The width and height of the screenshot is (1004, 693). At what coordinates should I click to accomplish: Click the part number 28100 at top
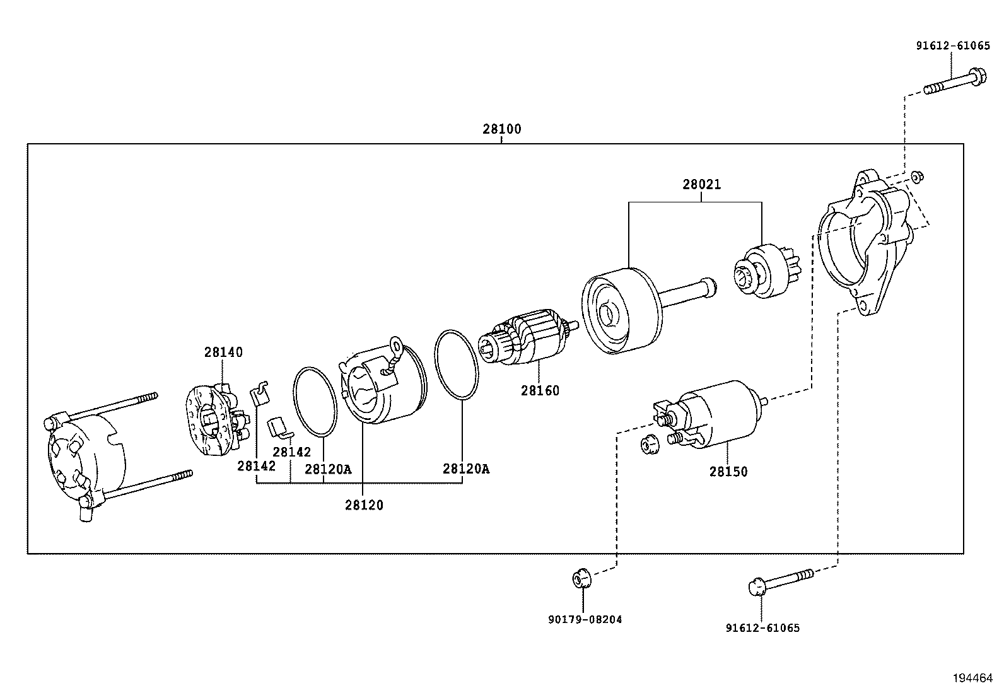coord(502,129)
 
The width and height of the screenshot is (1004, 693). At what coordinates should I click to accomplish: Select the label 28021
coord(701,185)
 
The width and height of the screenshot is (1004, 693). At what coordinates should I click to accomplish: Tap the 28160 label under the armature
coord(540,391)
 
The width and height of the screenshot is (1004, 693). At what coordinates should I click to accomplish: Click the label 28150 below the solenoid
coord(728,472)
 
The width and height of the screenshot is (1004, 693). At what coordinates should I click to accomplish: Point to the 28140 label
coord(223,352)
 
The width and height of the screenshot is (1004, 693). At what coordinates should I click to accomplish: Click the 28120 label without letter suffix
coord(364,505)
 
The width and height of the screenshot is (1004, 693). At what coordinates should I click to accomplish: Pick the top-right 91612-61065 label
coord(952,46)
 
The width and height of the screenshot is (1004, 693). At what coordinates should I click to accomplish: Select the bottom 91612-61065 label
coord(762,628)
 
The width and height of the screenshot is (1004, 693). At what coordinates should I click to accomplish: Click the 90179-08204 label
coord(585,619)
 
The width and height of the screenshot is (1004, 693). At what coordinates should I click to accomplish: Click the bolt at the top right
coord(954,83)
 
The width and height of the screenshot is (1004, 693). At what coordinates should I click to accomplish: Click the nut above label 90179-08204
coord(581,576)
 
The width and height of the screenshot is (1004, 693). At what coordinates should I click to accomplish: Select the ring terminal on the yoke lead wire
coord(396,344)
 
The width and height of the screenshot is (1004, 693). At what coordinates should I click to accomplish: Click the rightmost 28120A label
coord(465,469)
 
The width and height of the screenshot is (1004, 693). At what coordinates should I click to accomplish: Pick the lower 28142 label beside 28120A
coord(291,452)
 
